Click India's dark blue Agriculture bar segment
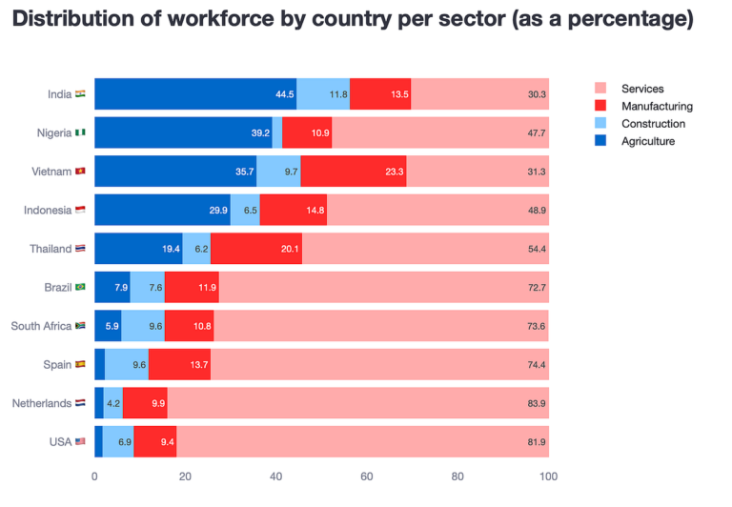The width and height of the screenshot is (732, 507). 195,94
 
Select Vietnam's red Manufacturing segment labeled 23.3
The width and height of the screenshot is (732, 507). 353,172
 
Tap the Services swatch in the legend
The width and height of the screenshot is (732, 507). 600,89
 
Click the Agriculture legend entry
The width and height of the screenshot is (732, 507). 647,141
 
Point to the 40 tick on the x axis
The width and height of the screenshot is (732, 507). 276,477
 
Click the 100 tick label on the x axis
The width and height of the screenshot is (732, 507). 548,477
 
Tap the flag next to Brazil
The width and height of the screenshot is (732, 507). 80,287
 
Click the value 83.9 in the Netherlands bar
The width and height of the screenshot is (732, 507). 536,403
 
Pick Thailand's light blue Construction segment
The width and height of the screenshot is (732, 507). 196,249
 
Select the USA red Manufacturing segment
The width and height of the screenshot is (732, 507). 154,442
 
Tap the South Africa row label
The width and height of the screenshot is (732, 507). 41,326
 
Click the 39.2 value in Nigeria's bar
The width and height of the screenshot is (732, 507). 260,133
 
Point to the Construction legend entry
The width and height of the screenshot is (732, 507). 653,124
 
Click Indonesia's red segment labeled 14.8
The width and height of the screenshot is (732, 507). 294,211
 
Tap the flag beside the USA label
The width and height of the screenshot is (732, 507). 80,442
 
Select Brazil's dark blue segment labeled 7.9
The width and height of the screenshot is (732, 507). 112,287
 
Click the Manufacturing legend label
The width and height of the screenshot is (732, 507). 657,107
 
